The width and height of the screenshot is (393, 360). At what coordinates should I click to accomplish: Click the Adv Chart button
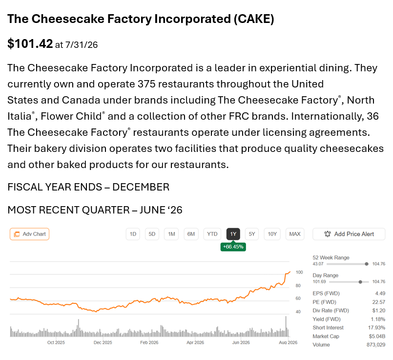[x=30, y=234]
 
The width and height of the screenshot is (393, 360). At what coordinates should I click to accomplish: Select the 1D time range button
[x=133, y=234]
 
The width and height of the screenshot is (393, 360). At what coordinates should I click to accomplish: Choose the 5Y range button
[x=251, y=234]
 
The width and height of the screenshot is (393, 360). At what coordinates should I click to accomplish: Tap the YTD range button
[x=212, y=234]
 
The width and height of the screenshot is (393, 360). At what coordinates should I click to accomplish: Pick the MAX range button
[x=295, y=234]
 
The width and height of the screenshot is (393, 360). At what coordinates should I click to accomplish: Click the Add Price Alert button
[x=349, y=234]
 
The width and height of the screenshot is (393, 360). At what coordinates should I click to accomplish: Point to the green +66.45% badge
[x=233, y=247]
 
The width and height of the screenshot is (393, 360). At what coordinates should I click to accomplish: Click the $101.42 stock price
[x=30, y=43]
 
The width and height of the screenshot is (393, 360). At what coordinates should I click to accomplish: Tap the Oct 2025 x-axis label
[x=56, y=342]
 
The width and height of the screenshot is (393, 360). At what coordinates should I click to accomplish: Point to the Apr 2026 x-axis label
[x=195, y=342]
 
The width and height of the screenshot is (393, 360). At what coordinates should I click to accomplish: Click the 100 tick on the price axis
[x=299, y=272]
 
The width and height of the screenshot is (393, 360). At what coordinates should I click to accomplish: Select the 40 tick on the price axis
[x=298, y=312]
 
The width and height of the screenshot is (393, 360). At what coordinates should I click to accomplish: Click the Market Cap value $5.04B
[x=377, y=336]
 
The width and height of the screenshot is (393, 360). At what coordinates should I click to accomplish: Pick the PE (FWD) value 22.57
[x=379, y=302]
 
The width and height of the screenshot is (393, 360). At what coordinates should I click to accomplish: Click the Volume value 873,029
[x=376, y=345]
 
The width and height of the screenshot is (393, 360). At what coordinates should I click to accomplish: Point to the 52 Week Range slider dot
[x=367, y=264]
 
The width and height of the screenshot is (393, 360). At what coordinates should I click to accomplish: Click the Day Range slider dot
[x=360, y=282]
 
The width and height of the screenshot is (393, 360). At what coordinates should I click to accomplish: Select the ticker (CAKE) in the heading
[x=254, y=19]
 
